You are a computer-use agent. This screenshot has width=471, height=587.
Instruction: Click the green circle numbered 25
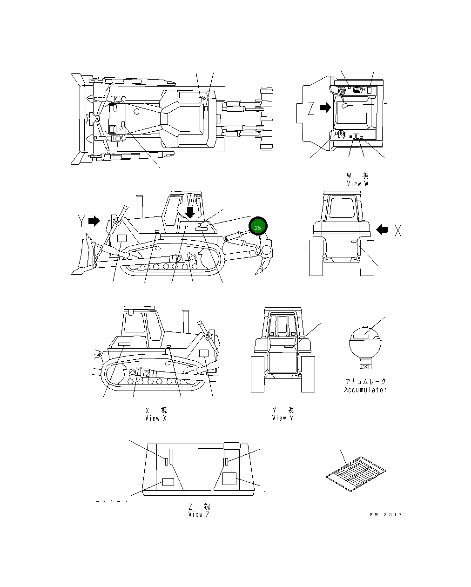pos(258,227)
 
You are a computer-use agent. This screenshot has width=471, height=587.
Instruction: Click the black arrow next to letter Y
pos(94,221)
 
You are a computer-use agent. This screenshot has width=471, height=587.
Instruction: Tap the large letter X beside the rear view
pos(398,229)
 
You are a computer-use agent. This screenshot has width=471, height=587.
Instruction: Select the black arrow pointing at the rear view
pos(382,229)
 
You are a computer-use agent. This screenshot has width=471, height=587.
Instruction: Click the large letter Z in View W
pos(311,108)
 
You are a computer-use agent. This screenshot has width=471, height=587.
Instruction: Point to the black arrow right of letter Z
pos(326,108)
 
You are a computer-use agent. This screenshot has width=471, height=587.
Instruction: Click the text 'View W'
pos(357,183)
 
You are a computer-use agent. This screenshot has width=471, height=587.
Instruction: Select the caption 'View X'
pos(155,418)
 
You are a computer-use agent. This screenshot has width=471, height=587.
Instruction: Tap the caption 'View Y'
pos(283,418)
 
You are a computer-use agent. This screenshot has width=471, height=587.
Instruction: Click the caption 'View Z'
pos(199,514)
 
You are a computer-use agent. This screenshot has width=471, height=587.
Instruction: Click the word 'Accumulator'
pos(365,390)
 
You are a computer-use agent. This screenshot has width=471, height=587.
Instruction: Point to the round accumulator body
pos(365,344)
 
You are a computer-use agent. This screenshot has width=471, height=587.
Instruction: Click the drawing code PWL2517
pos(386,514)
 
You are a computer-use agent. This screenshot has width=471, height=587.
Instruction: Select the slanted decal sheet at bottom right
pos(356,473)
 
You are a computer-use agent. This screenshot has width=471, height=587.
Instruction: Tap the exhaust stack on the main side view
pos(138,205)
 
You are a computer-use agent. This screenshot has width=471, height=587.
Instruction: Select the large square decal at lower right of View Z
pos(229,478)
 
